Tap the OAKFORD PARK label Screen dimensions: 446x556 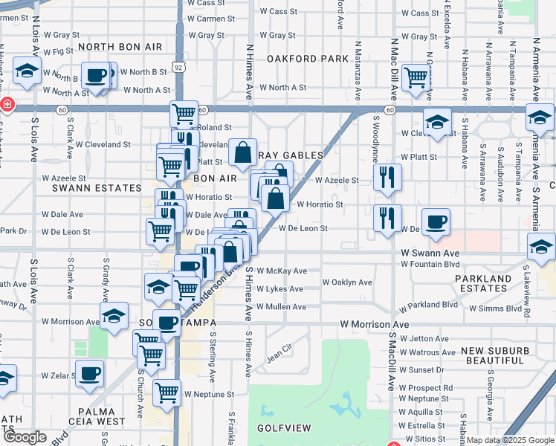pos(308,58)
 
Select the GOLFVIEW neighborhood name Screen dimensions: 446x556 pos(282,429)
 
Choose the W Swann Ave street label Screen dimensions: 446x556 pos(430,253)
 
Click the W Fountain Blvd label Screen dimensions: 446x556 pos(430,264)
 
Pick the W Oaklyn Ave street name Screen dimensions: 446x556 pos(347,282)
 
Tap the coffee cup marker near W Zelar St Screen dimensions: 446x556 pos(90,373)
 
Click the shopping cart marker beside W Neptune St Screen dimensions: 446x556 pos(167,392)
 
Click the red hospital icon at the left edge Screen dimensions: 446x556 pos(7,105)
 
